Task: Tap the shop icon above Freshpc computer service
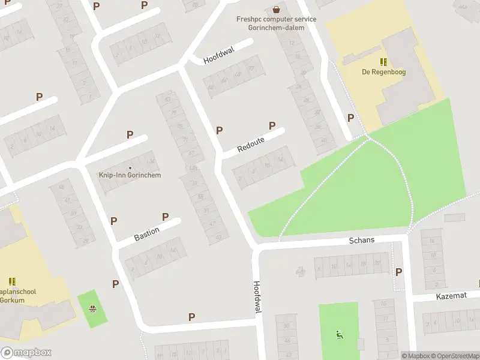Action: [x=276, y=9]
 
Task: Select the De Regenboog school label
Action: [x=383, y=73]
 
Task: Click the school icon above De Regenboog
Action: [x=383, y=61]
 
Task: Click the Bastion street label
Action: [x=147, y=234]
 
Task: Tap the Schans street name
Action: [x=362, y=240]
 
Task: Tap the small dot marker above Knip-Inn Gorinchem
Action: [x=130, y=167]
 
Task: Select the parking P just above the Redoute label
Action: [x=272, y=125]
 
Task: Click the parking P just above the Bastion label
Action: [x=165, y=217]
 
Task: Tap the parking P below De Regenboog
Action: [x=350, y=118]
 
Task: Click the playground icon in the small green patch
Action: [x=93, y=310]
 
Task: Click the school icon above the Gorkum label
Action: [x=12, y=281]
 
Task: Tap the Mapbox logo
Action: [x=26, y=353]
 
